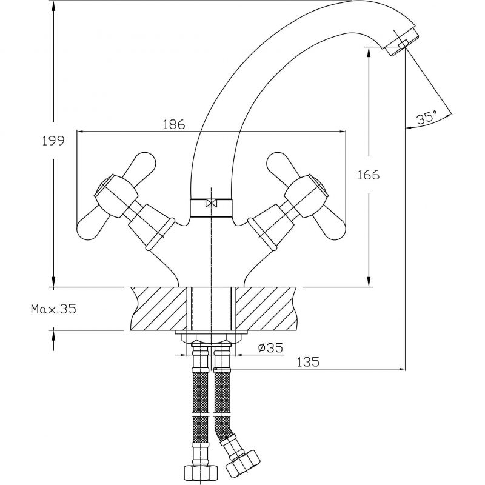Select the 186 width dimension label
click(x=174, y=124)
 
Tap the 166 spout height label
click(x=368, y=175)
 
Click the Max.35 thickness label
click(x=53, y=309)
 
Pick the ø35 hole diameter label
click(x=270, y=348)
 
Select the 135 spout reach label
click(x=309, y=362)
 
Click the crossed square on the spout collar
click(x=210, y=204)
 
